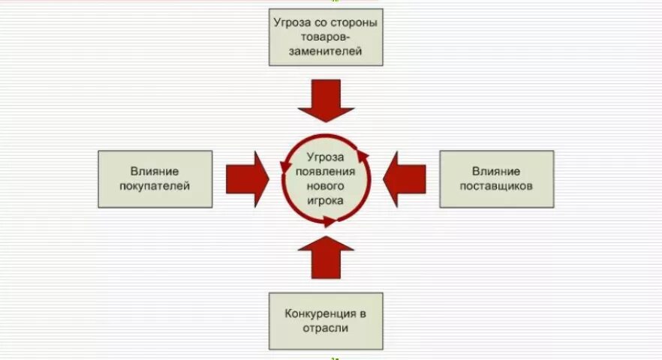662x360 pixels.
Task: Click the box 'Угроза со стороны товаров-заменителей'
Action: pyautogui.click(x=326, y=37)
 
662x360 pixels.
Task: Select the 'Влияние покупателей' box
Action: pyautogui.click(x=155, y=178)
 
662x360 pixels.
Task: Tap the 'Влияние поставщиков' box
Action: pyautogui.click(x=496, y=178)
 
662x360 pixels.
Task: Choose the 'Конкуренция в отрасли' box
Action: pyautogui.click(x=326, y=321)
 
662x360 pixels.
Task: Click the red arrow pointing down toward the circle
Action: pyautogui.click(x=326, y=102)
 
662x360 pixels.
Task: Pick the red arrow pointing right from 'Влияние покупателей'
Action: pyautogui.click(x=248, y=178)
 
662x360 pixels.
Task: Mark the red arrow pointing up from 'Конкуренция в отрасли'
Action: pyautogui.click(x=326, y=257)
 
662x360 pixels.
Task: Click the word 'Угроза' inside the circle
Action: pyautogui.click(x=326, y=157)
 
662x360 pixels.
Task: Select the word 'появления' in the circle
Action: pyautogui.click(x=326, y=172)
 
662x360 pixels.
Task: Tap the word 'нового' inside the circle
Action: pyautogui.click(x=326, y=186)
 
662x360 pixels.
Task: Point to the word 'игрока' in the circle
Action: pyautogui.click(x=326, y=200)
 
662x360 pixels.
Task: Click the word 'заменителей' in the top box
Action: pyautogui.click(x=326, y=52)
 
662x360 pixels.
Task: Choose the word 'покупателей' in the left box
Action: pyautogui.click(x=155, y=186)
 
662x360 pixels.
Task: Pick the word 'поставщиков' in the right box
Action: pyautogui.click(x=496, y=186)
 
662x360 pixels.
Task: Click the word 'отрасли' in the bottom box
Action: pyautogui.click(x=326, y=328)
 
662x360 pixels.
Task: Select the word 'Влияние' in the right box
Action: pyautogui.click(x=496, y=172)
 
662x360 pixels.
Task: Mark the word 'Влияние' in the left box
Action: pyautogui.click(x=155, y=172)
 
